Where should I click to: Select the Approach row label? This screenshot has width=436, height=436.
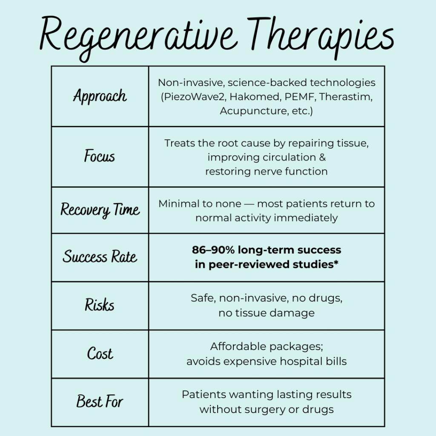coord(100,96)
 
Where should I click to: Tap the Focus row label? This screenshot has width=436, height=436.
coord(100,156)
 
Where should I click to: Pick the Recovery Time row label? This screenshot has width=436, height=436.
coord(100,210)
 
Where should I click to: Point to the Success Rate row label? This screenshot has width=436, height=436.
coord(100,256)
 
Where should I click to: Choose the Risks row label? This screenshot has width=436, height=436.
coord(100,305)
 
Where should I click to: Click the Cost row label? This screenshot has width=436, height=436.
coord(100,353)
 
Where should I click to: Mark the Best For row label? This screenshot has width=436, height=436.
coord(100,402)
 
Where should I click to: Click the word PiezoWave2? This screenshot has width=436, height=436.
coord(194,97)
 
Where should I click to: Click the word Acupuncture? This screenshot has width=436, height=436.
coord(253,111)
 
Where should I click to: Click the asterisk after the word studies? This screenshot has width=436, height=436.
coord(336,262)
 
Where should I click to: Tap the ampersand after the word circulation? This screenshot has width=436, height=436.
coord(322,158)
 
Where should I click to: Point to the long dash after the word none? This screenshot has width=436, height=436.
coord(249,204)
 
